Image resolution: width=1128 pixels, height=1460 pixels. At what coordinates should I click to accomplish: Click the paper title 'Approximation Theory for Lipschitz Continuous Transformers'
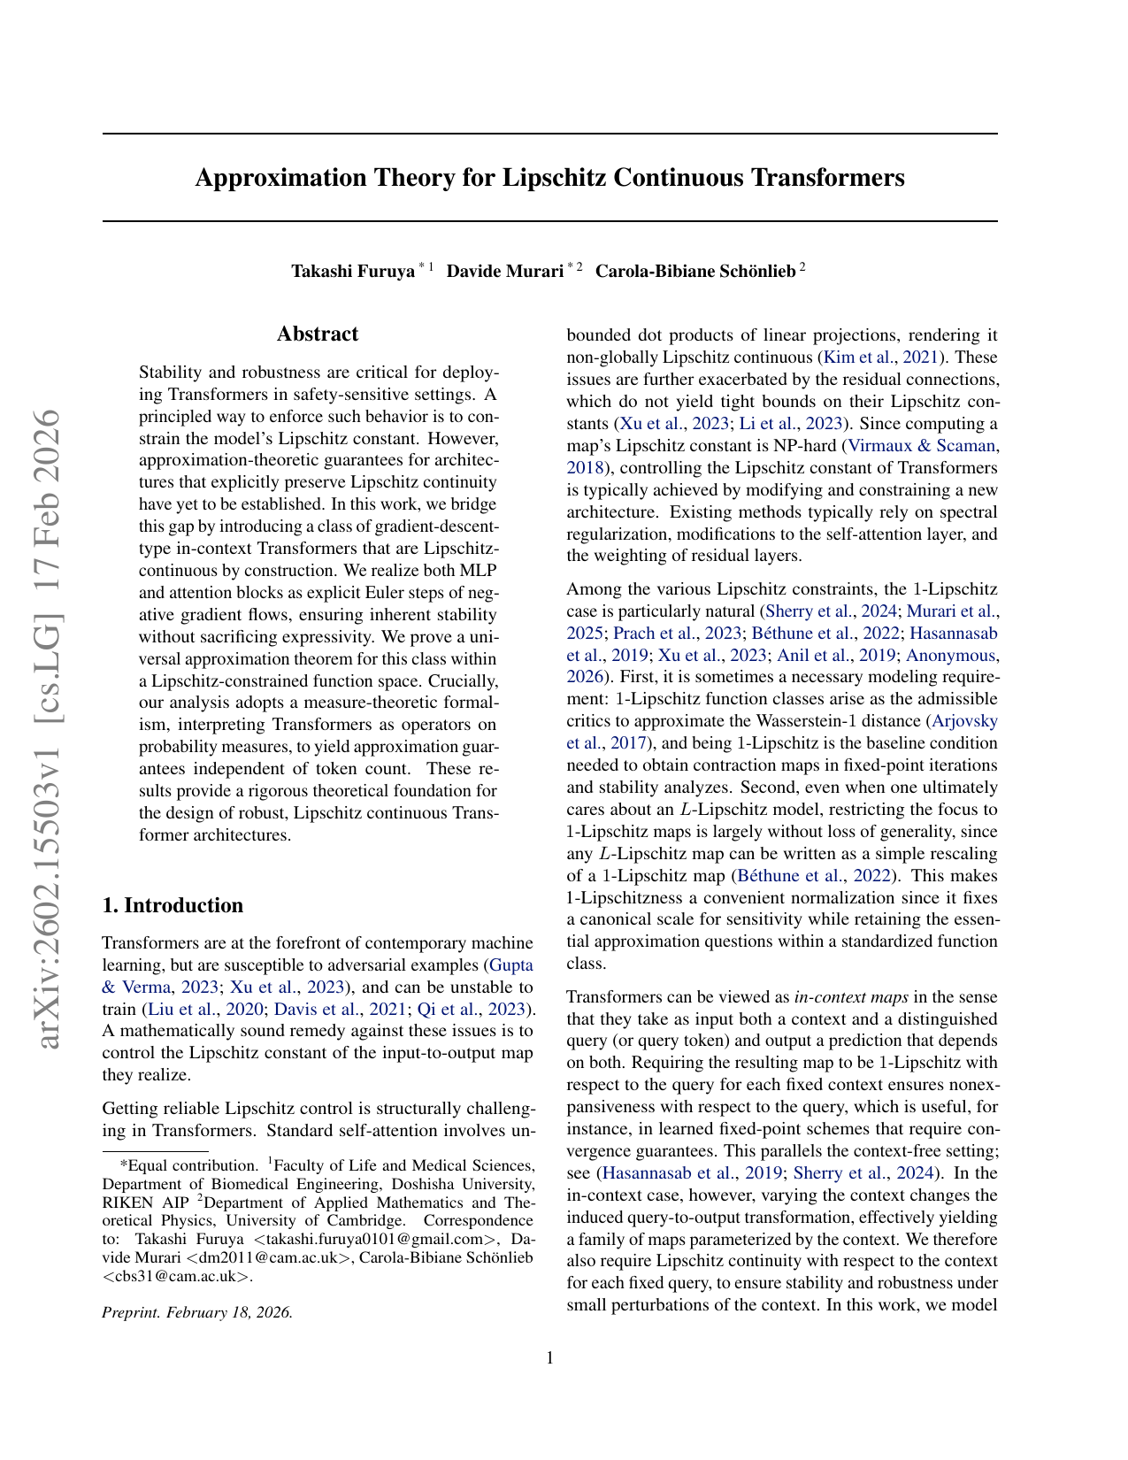[x=549, y=178]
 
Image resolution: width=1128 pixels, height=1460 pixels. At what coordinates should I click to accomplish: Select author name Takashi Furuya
[x=353, y=272]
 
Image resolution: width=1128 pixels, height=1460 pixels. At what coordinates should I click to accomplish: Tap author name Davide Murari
[x=503, y=272]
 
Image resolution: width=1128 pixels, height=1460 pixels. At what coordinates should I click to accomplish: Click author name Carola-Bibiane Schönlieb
[x=694, y=272]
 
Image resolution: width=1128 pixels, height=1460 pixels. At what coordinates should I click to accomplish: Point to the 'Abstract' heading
[x=318, y=334]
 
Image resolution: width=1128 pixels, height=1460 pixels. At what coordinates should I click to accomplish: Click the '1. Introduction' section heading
[x=173, y=905]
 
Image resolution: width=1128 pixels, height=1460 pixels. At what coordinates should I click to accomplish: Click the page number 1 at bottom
[x=549, y=1357]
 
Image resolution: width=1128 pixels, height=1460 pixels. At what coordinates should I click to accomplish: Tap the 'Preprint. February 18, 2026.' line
[x=197, y=1311]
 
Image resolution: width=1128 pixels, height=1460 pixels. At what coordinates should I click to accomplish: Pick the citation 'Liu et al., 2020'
[x=205, y=1009]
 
